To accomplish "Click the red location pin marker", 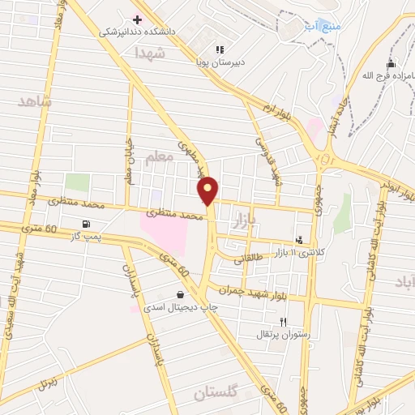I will (208, 190).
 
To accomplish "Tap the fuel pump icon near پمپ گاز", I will (86, 224).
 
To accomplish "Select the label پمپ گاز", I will (87, 236).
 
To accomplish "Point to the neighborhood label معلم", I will (159, 158).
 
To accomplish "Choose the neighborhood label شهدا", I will (150, 53).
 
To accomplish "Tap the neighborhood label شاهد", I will (34, 101).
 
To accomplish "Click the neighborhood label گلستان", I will (216, 393).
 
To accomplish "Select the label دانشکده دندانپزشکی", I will (136, 33).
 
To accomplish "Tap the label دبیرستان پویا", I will (219, 62).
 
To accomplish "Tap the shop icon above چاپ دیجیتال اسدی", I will (179, 296).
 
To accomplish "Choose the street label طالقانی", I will (249, 260).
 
